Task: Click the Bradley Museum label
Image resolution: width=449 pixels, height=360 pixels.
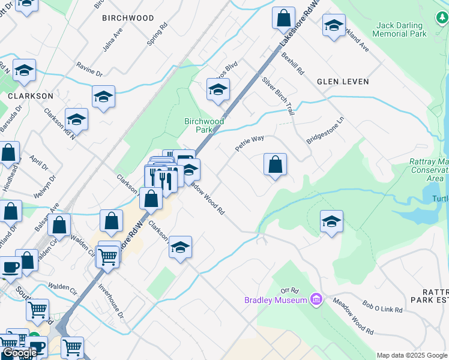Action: [276, 299]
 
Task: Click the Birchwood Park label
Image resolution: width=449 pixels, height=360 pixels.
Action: [203, 125]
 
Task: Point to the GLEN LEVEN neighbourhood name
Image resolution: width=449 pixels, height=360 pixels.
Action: [343, 81]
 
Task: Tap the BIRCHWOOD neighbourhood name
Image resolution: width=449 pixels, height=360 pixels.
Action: [128, 18]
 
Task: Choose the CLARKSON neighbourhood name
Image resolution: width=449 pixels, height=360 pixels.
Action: [31, 95]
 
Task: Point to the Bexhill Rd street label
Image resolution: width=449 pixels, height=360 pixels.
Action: [292, 63]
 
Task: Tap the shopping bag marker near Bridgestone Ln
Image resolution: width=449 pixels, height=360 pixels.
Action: [275, 164]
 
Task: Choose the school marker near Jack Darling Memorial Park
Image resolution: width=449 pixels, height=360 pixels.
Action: [333, 26]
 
